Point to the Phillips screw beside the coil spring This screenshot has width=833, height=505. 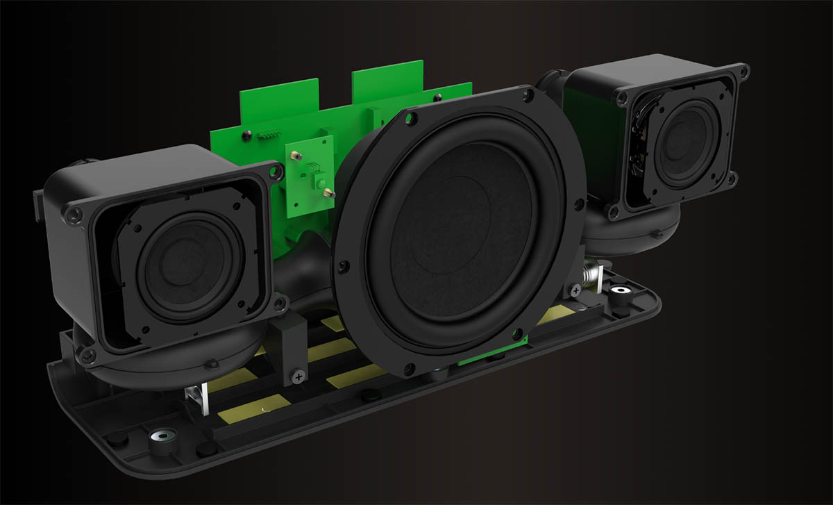[x=575, y=287]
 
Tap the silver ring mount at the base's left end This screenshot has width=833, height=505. [x=161, y=437]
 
